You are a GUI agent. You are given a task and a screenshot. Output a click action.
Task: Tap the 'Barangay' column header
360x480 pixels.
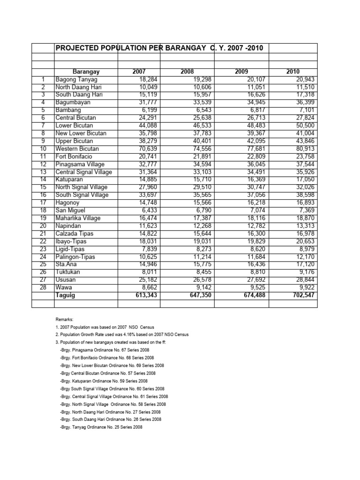(x=86, y=72)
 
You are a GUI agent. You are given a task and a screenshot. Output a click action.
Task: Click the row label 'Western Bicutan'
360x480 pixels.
(x=77, y=149)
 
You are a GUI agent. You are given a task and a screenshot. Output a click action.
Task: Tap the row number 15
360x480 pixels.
(x=43, y=187)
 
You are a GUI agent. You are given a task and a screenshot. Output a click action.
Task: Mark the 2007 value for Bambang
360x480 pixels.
(x=150, y=110)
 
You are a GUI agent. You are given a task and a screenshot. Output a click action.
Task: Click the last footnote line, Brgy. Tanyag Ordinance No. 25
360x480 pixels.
(x=101, y=427)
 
